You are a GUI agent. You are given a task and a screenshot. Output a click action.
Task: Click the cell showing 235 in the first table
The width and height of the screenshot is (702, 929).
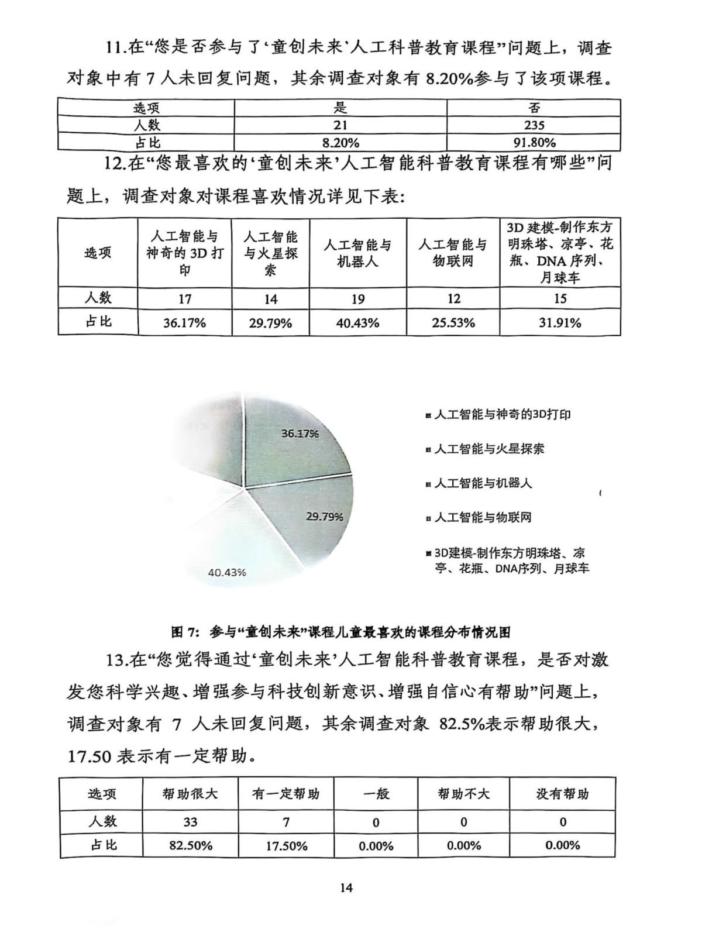(x=534, y=125)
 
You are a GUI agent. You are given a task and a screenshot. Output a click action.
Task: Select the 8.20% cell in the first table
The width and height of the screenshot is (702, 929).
(x=340, y=143)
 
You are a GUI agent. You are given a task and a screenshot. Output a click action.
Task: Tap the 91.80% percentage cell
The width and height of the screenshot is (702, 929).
(x=534, y=143)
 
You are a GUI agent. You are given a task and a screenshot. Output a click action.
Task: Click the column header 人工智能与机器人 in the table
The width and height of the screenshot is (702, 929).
(x=357, y=253)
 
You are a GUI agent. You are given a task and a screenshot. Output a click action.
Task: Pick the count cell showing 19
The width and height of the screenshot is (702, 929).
(x=357, y=299)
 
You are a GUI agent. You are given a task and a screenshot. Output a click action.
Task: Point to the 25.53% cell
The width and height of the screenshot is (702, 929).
(x=453, y=322)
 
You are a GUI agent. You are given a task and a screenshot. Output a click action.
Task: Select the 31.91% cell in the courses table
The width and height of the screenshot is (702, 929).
(x=560, y=322)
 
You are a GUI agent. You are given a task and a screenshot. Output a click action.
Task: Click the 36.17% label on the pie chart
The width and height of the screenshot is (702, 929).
(x=300, y=433)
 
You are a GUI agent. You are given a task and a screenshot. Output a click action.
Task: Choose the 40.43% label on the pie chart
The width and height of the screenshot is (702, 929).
(x=227, y=572)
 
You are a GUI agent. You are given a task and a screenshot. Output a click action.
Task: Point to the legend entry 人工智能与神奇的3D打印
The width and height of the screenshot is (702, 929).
(x=502, y=415)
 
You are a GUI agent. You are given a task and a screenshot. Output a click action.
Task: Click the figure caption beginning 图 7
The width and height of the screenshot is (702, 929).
(x=340, y=632)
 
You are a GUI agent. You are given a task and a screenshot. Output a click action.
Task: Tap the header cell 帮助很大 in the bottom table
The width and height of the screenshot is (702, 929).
(x=190, y=794)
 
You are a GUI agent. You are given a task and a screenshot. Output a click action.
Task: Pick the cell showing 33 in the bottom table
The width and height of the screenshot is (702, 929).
(x=190, y=822)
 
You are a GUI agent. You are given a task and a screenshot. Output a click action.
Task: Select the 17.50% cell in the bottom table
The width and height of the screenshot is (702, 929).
(x=286, y=846)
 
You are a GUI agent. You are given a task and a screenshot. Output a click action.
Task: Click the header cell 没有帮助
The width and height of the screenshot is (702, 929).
(x=562, y=794)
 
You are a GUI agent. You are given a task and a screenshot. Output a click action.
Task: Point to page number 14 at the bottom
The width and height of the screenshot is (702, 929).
(x=346, y=888)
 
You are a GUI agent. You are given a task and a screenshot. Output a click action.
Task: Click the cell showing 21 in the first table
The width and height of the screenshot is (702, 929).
(x=340, y=125)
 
